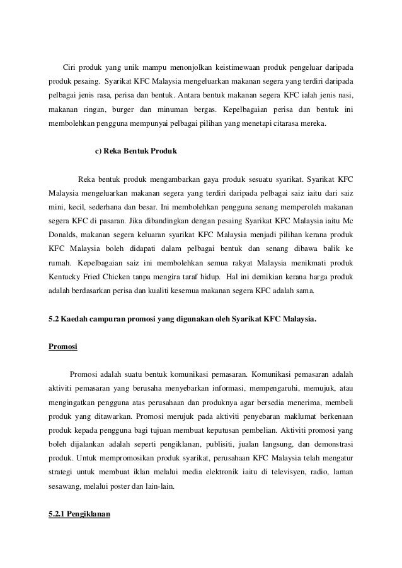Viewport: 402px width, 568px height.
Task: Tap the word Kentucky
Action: click(65, 276)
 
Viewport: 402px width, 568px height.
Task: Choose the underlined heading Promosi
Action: click(64, 347)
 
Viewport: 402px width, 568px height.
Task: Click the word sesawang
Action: click(66, 487)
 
